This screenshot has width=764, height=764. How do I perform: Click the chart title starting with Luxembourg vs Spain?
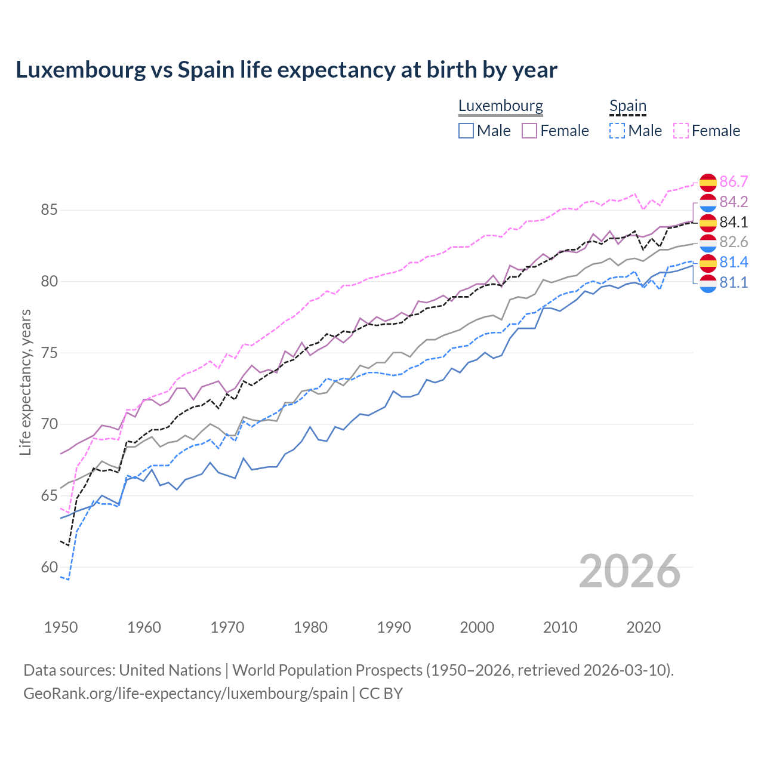[x=286, y=70]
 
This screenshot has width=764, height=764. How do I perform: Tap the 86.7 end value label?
[x=734, y=181]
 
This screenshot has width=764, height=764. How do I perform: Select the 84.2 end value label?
[x=734, y=202]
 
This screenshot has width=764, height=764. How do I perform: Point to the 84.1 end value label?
[x=734, y=222]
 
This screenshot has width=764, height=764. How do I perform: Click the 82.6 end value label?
[x=734, y=242]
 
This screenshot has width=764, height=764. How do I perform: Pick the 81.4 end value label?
[x=734, y=262]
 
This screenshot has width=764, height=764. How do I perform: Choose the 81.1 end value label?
[x=734, y=282]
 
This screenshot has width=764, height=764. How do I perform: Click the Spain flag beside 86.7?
[x=708, y=182]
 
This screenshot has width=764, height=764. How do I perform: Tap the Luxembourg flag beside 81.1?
[x=708, y=283]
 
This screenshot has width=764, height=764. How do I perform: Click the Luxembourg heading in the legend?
[x=500, y=106]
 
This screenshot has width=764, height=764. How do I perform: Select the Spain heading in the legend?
[x=627, y=106]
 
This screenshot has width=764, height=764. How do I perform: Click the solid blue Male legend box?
[x=466, y=131]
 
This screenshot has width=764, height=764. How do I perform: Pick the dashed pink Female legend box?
[x=681, y=131]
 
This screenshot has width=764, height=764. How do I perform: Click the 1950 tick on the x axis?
[x=61, y=627]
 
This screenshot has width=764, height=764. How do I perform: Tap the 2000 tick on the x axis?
[x=477, y=627]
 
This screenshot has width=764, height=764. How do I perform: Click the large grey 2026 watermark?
[x=629, y=571]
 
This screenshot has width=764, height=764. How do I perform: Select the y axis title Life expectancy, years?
[x=25, y=382]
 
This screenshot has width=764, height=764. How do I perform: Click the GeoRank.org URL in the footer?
[x=186, y=693]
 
